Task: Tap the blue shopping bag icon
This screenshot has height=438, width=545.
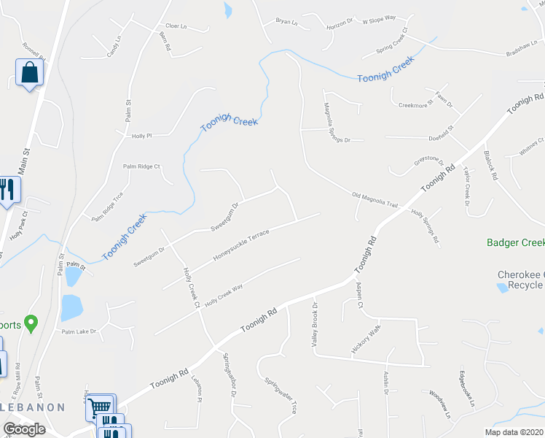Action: coord(29,73)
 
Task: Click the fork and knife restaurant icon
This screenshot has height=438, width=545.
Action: coord(7,191)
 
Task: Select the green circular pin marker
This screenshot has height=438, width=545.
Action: coord(31,322)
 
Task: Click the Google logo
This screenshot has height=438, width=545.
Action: coord(24,430)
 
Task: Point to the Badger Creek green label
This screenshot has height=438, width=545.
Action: coord(515,242)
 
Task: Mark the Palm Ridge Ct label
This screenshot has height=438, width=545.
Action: coord(141,166)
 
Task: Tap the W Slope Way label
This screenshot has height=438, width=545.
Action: coord(379,20)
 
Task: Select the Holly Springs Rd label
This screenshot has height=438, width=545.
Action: coord(426,227)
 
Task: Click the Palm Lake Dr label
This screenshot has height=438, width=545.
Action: coord(79,331)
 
